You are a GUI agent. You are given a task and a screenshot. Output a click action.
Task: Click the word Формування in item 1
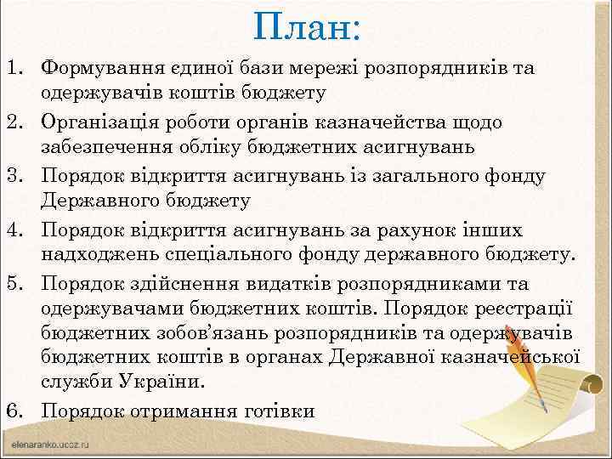coord(100,67)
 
